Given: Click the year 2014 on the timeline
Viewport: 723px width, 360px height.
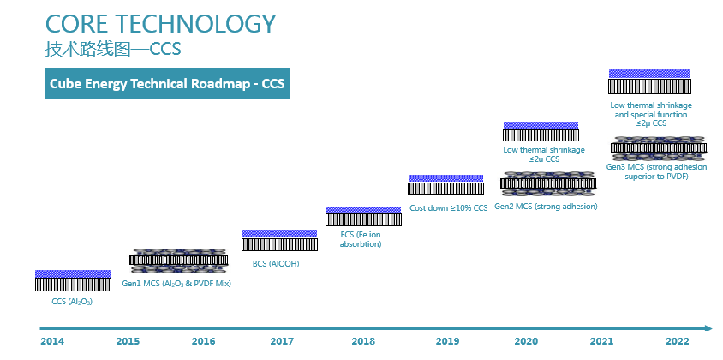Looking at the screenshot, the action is click(52, 341).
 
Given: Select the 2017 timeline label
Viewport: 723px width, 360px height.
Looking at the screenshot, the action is click(282, 341).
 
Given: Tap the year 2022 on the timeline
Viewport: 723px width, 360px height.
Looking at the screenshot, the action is click(678, 341).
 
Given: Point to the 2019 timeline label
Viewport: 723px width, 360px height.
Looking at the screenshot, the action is click(447, 341).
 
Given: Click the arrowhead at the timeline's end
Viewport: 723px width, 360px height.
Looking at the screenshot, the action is click(709, 328).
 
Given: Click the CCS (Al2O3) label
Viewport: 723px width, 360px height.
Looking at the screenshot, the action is click(72, 303).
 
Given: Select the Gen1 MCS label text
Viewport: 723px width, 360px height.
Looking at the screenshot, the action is click(176, 284).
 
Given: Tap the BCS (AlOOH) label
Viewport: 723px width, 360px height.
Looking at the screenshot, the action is click(276, 264).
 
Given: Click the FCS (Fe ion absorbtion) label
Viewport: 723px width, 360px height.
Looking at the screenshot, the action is click(361, 239).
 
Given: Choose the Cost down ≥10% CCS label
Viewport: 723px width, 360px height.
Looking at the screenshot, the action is click(448, 208).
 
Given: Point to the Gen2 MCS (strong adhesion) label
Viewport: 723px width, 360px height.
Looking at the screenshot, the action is click(546, 207).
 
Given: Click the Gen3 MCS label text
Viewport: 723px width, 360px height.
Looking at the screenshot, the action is click(656, 171).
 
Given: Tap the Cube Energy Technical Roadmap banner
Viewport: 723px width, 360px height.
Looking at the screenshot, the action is click(167, 83).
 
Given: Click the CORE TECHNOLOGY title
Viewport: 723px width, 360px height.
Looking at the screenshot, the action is click(160, 23).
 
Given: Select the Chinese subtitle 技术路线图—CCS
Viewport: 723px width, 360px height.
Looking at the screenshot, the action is click(113, 49).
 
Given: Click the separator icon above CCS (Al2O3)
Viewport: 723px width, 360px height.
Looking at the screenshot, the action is click(73, 280).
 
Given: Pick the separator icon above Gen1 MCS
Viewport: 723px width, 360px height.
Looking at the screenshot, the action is click(179, 261).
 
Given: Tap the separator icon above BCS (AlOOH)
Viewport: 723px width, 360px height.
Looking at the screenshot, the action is click(279, 241).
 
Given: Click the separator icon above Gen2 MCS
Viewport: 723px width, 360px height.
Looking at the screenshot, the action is click(548, 183).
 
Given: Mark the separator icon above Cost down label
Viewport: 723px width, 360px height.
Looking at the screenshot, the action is click(446, 184).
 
